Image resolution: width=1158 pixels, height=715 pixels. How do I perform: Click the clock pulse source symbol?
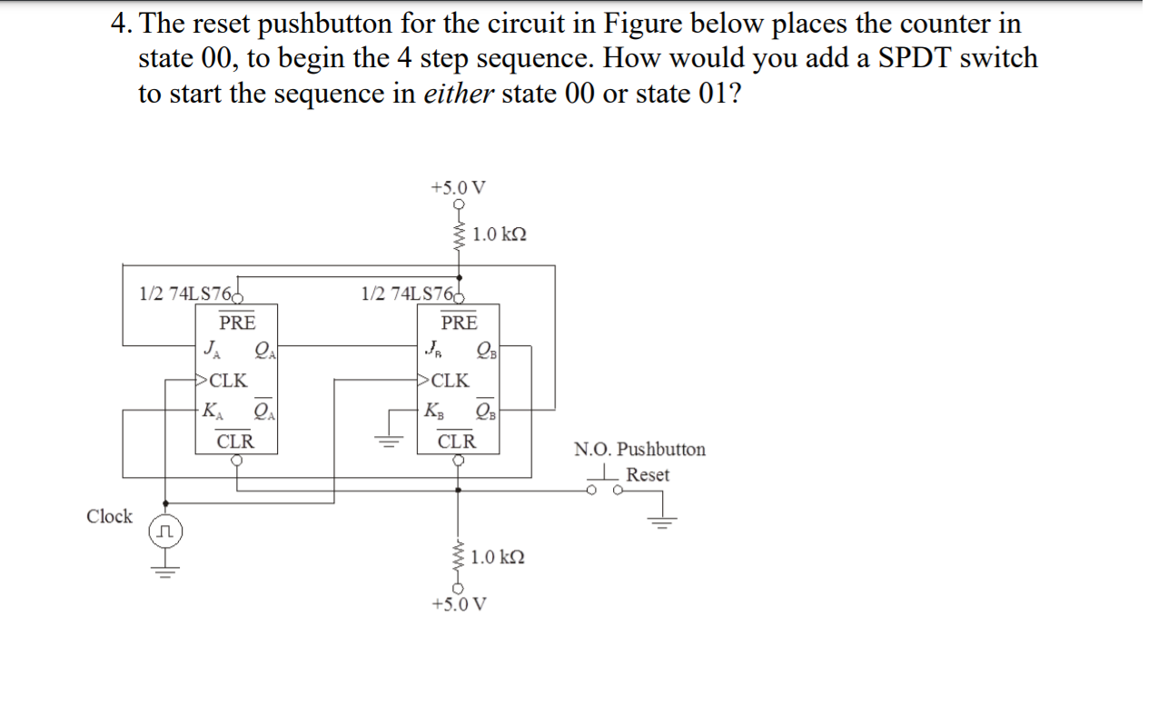[x=164, y=530]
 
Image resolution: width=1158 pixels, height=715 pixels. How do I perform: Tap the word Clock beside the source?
[x=109, y=516]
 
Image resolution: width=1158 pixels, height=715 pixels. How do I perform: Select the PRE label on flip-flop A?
[x=237, y=323]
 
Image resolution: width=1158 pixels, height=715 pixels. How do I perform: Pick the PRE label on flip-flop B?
[x=459, y=323]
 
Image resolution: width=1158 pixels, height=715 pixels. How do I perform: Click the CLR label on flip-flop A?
[x=236, y=442]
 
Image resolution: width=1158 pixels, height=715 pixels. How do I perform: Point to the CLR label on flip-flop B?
[x=457, y=442]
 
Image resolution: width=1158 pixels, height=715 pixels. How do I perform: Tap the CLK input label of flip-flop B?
[x=449, y=381]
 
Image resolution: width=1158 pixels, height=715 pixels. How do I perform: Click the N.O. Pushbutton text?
[x=639, y=450]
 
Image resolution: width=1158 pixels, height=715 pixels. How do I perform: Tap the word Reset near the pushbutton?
[x=648, y=474]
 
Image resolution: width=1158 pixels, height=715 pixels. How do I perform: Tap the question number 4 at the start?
[x=118, y=23]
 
